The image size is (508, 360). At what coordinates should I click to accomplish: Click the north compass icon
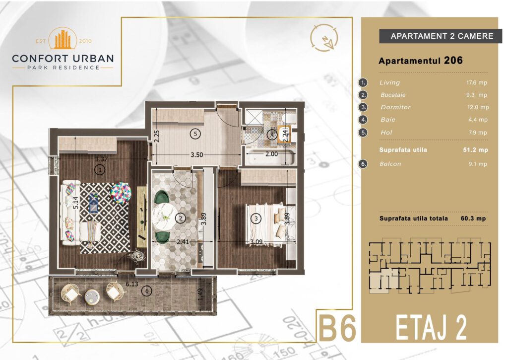pos(324,38)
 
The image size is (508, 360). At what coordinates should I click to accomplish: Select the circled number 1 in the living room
pos(100,169)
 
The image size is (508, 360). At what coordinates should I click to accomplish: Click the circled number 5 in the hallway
pos(195,134)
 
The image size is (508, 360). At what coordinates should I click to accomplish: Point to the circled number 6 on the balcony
pos(147,291)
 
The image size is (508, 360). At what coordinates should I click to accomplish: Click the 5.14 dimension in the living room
pos(75,203)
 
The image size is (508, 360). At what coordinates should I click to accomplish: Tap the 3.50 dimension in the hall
pos(196,155)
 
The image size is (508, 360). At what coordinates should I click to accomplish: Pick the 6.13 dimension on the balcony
pos(132,284)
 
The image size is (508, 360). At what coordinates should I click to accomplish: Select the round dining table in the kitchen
pos(165,216)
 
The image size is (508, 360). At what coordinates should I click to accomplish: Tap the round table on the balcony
pos(92,296)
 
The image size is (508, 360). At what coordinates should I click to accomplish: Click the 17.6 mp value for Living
pos(477,82)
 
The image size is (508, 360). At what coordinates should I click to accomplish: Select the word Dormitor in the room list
pos(395,107)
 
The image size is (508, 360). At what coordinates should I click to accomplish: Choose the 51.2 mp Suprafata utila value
pos(476,150)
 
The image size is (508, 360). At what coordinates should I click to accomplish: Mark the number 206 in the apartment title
pos(453,60)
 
